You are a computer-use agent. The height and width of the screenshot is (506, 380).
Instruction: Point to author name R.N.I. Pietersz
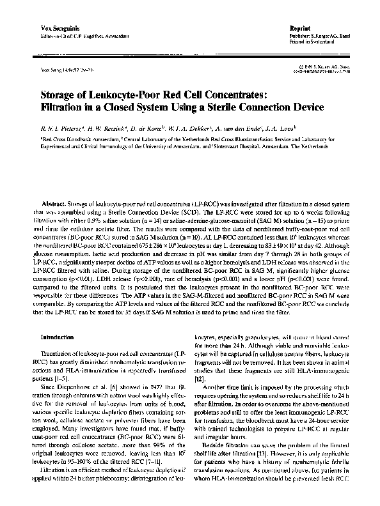[x=61, y=127]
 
